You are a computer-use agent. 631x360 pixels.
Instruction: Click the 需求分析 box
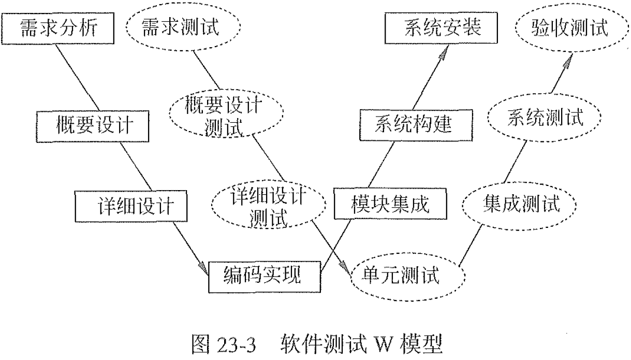coord(57,27)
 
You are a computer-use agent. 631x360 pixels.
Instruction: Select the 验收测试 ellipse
coord(570,29)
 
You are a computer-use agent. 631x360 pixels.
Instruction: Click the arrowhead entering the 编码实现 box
coord(203,267)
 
